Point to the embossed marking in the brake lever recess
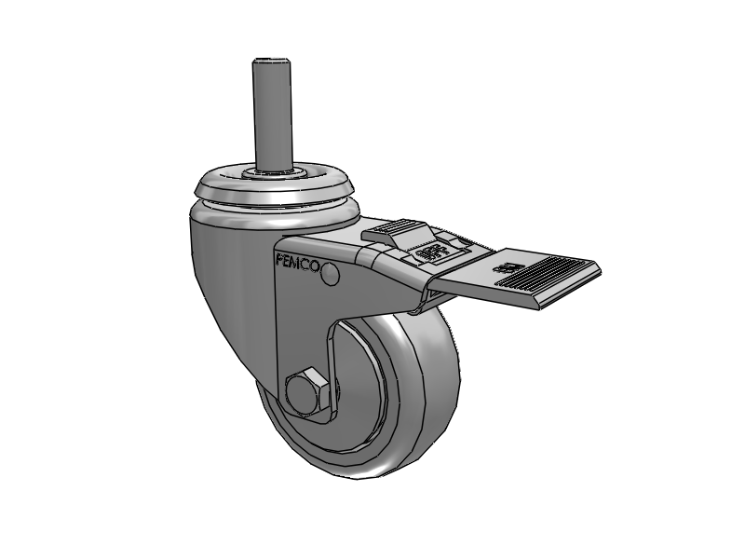tap(429, 252)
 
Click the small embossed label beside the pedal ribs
tap(511, 269)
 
